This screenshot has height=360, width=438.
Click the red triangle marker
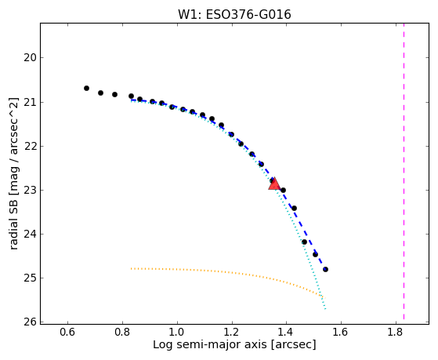[x=274, y=184]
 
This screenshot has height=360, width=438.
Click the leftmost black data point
[x=87, y=88]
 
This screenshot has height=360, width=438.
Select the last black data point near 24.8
[x=325, y=269]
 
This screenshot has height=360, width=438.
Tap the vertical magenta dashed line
[x=404, y=172]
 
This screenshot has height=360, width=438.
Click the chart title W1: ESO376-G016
[x=234, y=14]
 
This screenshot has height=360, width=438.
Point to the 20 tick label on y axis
[x=29, y=58]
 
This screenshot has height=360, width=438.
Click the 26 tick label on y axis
[x=29, y=322]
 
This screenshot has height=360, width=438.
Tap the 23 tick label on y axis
[x=29, y=191]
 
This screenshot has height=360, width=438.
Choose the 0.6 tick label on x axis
[x=67, y=332]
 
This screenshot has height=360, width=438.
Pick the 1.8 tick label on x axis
[x=396, y=332]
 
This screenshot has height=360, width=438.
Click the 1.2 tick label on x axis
[x=232, y=332]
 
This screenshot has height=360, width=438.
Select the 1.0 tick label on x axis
[x=177, y=332]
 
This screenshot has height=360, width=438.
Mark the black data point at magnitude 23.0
[x=283, y=191]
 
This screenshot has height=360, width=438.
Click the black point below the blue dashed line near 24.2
[x=305, y=242]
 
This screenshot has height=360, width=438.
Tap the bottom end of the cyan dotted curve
[x=325, y=309]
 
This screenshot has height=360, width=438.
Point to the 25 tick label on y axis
[x=29, y=278]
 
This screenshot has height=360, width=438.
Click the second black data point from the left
[x=101, y=93]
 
